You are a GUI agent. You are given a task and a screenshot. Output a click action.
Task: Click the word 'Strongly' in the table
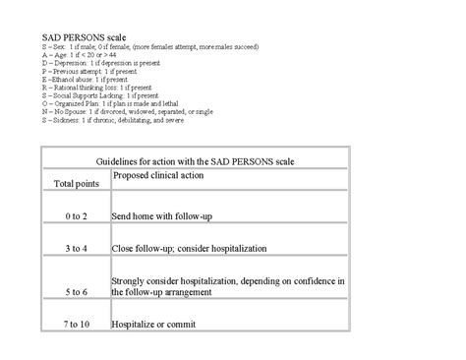(x=132, y=281)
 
